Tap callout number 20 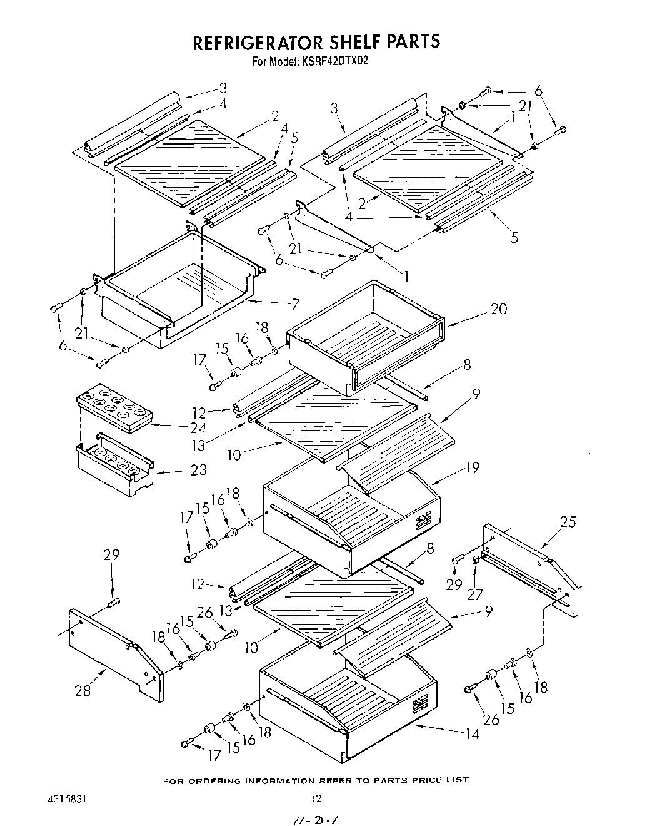[x=499, y=308]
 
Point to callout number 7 [x=295, y=305]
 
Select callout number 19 [x=472, y=467]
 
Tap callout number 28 [x=83, y=690]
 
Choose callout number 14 [x=473, y=733]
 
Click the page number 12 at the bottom [x=316, y=798]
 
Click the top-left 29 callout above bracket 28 [x=112, y=555]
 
